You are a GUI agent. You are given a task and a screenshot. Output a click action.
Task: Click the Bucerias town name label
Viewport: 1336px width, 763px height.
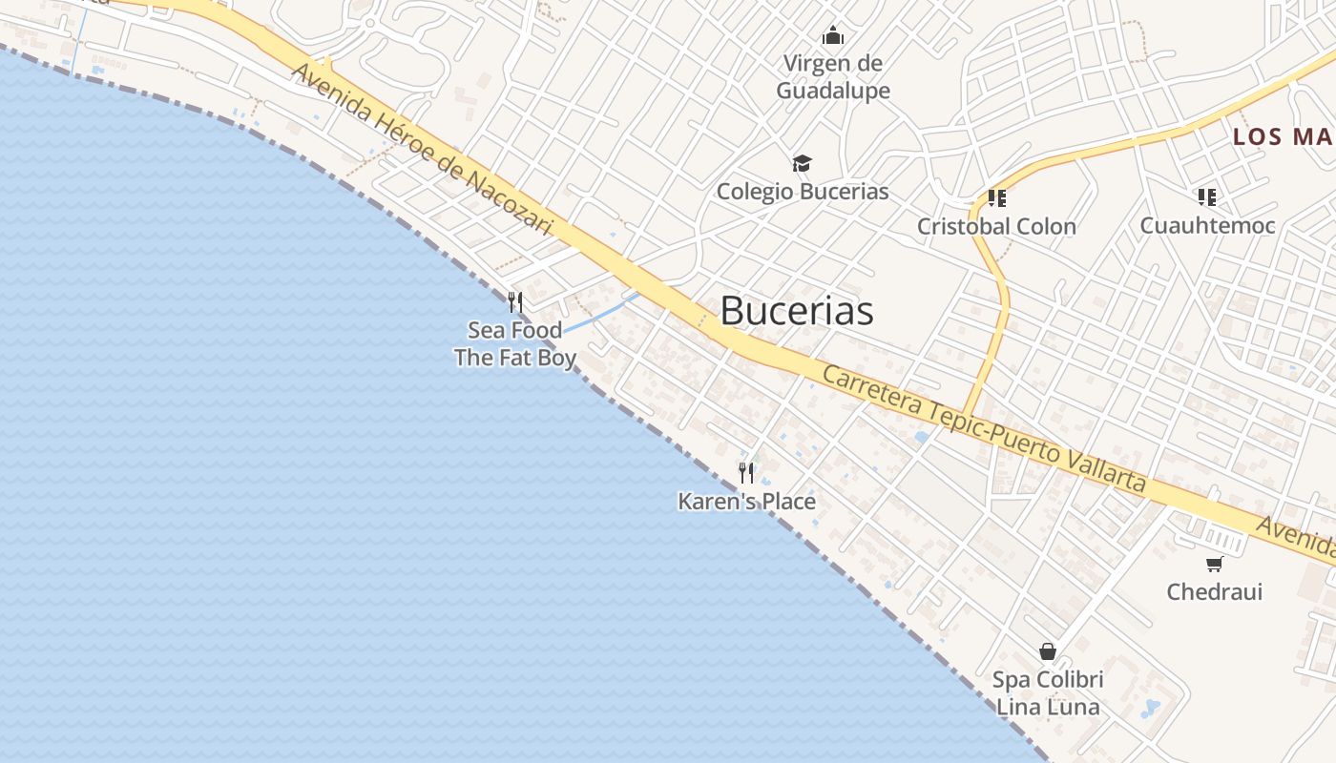pos(796,311)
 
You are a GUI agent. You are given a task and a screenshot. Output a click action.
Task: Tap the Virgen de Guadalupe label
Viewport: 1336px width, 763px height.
pos(833,77)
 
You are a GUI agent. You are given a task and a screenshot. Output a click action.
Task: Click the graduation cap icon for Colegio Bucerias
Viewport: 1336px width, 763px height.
pos(802,164)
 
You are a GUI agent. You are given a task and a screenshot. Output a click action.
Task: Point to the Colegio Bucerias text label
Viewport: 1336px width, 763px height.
pos(803,191)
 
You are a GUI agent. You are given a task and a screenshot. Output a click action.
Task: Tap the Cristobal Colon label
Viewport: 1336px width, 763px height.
pos(996,226)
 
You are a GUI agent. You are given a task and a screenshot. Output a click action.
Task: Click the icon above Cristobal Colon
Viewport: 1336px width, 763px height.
pos(996,198)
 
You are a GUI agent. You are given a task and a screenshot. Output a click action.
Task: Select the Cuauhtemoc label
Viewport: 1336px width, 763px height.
pos(1207,225)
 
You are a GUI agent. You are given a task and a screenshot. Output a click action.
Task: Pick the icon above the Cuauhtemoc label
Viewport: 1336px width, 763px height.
pos(1207,197)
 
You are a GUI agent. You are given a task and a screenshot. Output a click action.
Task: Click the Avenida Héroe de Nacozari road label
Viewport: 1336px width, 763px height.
pos(423,149)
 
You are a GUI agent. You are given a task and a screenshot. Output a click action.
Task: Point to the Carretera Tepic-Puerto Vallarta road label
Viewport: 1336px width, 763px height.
pos(983,428)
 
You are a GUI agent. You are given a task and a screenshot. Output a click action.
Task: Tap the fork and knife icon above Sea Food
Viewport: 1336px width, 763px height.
pos(515,302)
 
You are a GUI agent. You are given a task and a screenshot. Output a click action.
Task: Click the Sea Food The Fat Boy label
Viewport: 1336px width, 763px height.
pos(515,344)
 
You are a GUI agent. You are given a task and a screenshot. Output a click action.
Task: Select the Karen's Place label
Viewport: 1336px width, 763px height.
pos(746,501)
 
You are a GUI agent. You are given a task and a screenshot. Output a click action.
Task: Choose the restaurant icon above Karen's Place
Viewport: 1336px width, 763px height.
pos(746,472)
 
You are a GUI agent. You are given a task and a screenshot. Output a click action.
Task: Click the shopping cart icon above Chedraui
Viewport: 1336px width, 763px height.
pos(1214,564)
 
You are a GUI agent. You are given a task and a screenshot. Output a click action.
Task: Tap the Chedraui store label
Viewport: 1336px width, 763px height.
pos(1214,591)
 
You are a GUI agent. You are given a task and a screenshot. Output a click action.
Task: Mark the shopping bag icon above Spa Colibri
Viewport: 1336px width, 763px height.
pos(1048,651)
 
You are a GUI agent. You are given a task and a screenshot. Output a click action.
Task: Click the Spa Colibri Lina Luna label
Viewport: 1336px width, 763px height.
pos(1048,693)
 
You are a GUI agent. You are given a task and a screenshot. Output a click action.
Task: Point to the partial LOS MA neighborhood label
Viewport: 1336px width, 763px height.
pos(1283,137)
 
